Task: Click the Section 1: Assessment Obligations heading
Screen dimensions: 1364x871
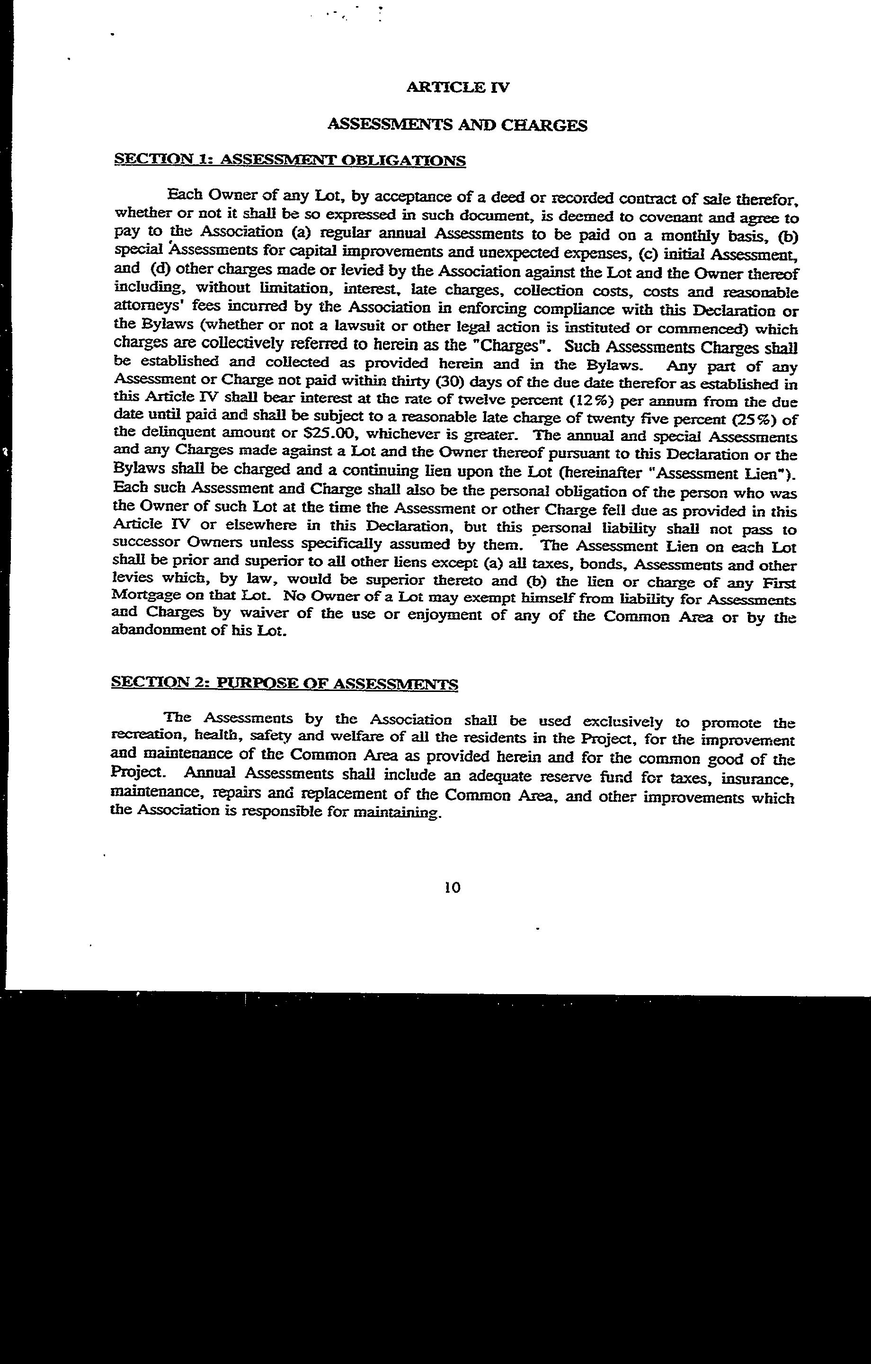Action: click(x=290, y=160)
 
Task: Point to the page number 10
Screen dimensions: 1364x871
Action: click(x=453, y=887)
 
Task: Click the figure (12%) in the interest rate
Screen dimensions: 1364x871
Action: click(x=591, y=402)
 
